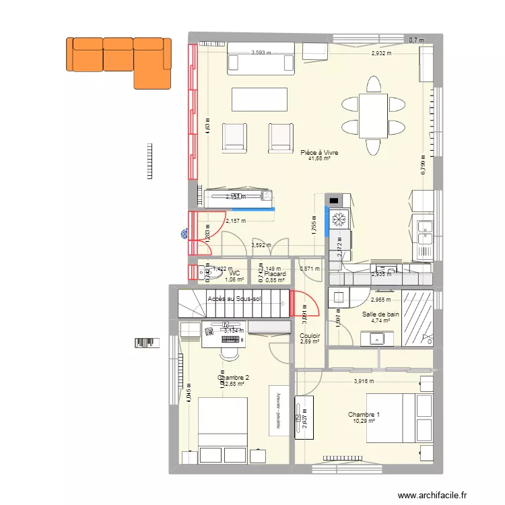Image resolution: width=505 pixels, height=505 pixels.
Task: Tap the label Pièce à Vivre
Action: [x=320, y=153]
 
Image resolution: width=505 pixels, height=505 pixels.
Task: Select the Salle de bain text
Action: [x=380, y=314]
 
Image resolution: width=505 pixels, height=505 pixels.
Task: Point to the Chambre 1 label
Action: [x=364, y=414]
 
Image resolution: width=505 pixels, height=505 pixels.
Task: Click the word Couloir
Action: [x=310, y=336]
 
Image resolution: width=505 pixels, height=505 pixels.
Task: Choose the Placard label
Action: [x=275, y=274]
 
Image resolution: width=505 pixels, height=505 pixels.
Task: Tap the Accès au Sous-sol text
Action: [x=234, y=298]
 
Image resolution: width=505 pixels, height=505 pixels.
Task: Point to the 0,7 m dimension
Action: [x=417, y=40]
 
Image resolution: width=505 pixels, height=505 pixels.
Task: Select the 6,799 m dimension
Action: [x=424, y=162]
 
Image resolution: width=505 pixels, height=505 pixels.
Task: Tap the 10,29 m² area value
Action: [x=364, y=422]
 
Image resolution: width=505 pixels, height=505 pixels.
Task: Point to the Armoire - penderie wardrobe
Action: [x=276, y=410]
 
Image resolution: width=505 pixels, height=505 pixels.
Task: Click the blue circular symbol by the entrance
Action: [x=184, y=235]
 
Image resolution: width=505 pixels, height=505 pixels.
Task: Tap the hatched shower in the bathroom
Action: [x=417, y=318]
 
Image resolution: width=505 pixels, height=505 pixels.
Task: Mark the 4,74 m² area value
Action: [x=380, y=321]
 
